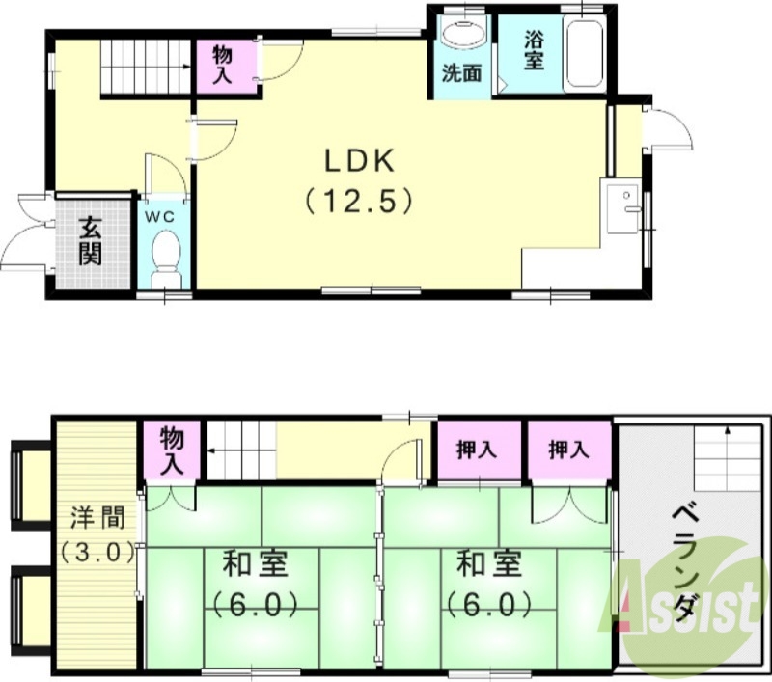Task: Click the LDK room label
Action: [x=360, y=160]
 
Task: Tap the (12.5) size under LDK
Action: [x=360, y=201]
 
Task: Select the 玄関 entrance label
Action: [x=91, y=240]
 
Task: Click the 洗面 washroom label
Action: [x=461, y=72]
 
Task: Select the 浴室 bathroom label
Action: [x=535, y=51]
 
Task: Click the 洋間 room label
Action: [x=96, y=517]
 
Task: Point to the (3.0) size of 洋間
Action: [x=96, y=554]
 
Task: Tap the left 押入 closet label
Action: [x=477, y=450]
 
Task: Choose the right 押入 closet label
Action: [x=568, y=450]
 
